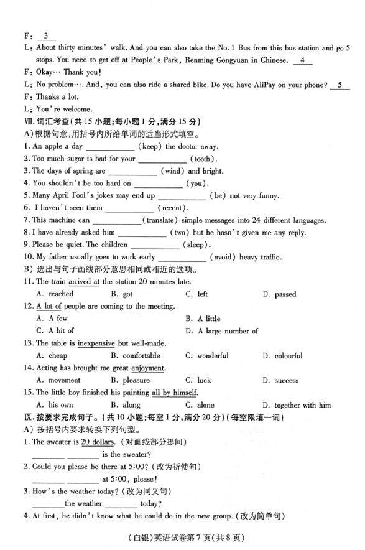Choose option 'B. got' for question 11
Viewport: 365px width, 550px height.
tap(121, 294)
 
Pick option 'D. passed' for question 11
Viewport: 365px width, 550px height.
tap(279, 294)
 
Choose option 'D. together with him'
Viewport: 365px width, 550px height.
tap(297, 405)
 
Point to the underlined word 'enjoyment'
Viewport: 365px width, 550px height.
tap(148, 368)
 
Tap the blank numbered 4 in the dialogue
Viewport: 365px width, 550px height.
tap(302, 60)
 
